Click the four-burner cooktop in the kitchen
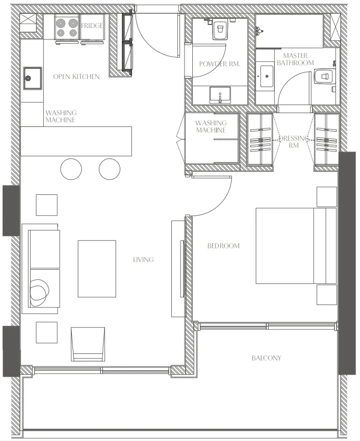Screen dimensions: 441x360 pos(67,29)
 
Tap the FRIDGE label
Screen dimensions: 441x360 pos(92,25)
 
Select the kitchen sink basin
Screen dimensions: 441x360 pos(32,79)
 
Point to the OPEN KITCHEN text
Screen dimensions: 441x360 pos(76,76)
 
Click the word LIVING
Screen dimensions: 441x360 pos(143,260)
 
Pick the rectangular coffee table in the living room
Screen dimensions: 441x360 pos(96,269)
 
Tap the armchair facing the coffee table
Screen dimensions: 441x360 pos(88,344)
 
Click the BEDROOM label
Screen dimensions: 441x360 pos(223,246)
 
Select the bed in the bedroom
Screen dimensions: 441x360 pos(296,245)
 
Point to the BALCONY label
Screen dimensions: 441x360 pos(266,358)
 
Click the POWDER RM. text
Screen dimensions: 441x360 pos(219,64)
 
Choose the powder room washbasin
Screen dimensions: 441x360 pos(220,94)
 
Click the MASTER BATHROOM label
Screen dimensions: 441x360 pos(295,59)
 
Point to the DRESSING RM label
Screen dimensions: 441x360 pos(294,141)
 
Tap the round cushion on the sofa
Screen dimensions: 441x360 pos(40,292)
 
